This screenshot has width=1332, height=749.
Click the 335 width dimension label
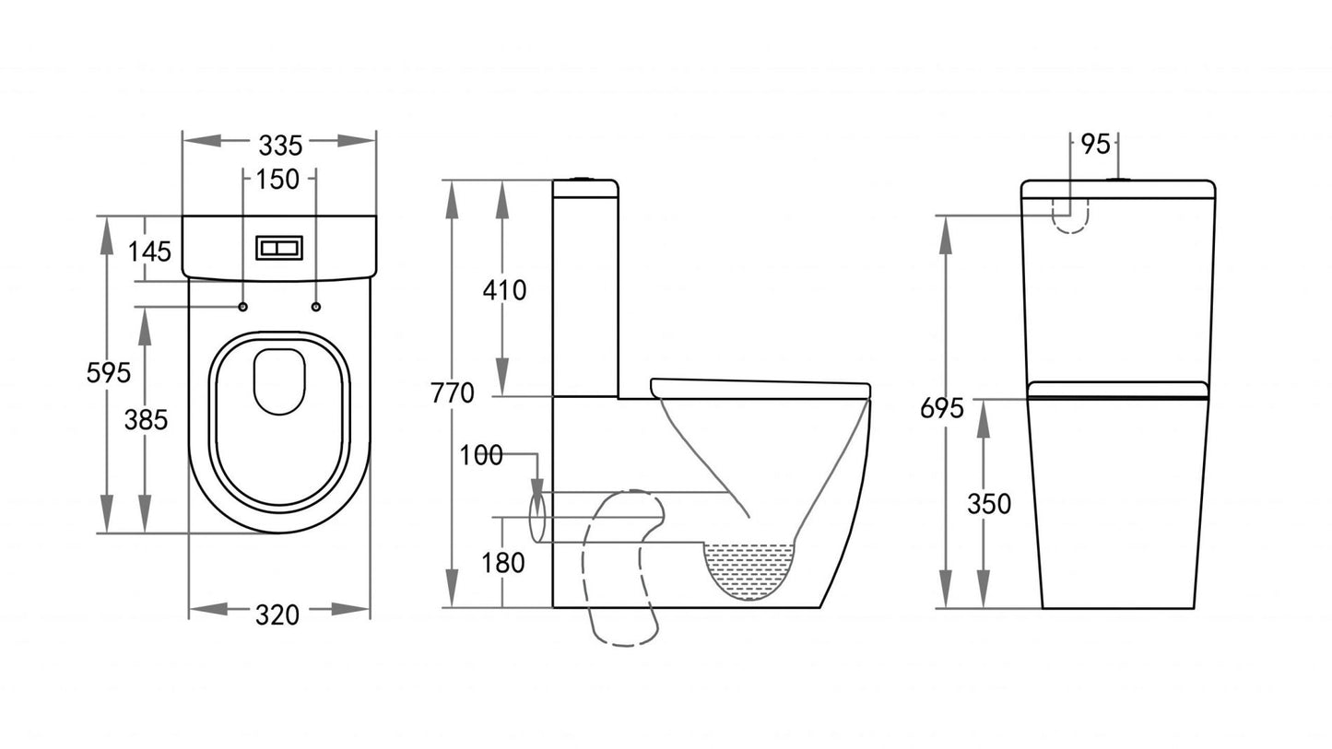(x=279, y=145)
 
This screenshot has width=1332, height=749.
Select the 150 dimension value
(x=277, y=180)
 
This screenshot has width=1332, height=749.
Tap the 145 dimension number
(x=149, y=250)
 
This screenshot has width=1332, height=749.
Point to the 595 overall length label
(x=108, y=372)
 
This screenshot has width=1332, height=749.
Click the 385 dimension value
(x=147, y=419)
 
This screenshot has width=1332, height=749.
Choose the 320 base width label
(x=277, y=614)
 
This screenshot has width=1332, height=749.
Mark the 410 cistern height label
(x=504, y=290)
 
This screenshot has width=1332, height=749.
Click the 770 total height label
(x=452, y=393)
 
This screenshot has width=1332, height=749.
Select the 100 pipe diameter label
(x=481, y=455)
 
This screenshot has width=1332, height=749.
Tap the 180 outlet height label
(x=503, y=562)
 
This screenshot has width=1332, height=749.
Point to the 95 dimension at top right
(x=1094, y=145)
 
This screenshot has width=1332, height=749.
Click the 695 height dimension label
(x=941, y=407)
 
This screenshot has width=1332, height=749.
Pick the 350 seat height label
(x=988, y=504)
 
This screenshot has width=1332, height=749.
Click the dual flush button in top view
(x=278, y=248)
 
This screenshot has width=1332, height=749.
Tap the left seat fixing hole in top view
(x=242, y=306)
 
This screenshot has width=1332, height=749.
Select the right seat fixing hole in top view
(x=316, y=306)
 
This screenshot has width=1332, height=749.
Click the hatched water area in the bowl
(x=749, y=567)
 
